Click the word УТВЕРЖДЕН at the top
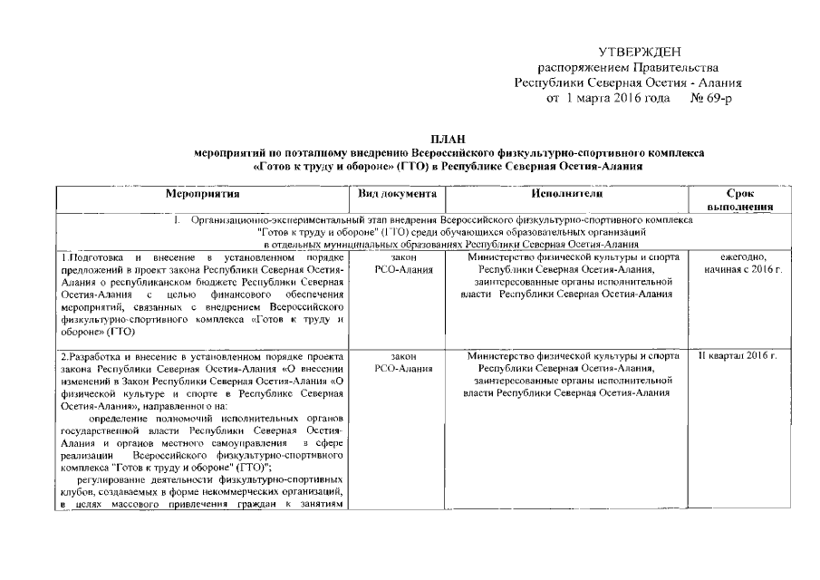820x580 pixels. point(640,54)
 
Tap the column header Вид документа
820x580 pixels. point(398,194)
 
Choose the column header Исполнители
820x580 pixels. point(561,194)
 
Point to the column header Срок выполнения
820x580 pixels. point(748,200)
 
